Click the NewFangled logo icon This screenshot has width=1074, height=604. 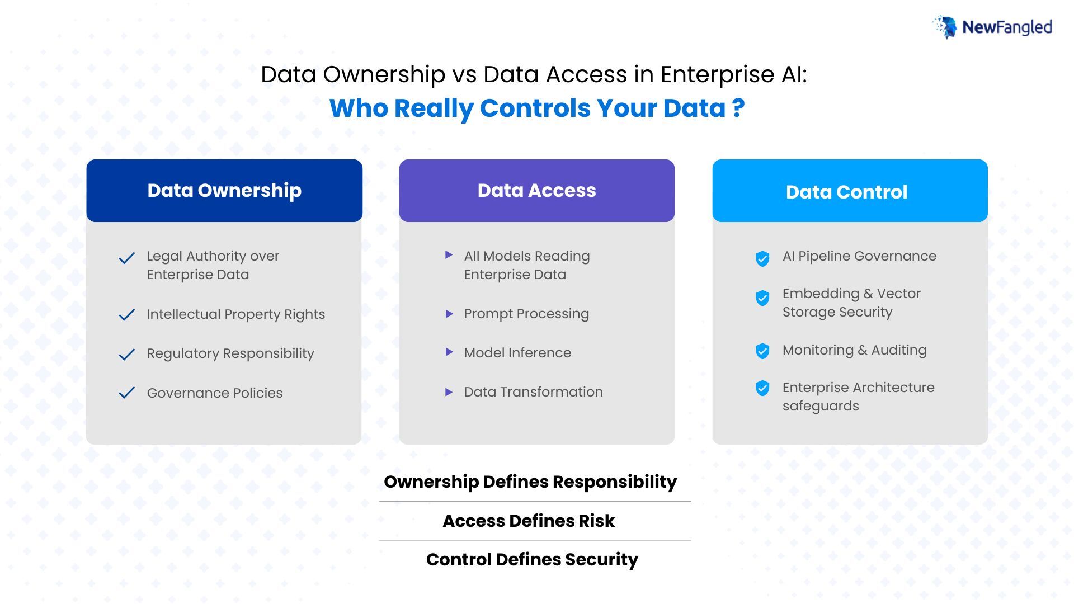coord(945,27)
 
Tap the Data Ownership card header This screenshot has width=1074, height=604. coord(224,191)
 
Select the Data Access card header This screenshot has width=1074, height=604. coord(536,191)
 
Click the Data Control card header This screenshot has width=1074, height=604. coord(850,191)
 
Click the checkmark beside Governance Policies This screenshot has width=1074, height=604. coord(127,393)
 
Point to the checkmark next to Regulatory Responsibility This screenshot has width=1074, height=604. coord(127,354)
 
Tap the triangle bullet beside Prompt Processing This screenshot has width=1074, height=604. coord(449,314)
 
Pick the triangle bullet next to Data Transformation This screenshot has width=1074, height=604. coord(449,392)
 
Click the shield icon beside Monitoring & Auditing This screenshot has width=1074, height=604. coord(762,351)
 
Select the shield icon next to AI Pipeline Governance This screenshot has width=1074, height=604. coord(762,258)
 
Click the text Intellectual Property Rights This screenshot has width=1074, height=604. coord(235,314)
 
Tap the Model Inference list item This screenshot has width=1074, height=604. coord(517,353)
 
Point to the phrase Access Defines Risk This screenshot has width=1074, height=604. coord(529,521)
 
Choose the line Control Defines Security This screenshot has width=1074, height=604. coord(532,559)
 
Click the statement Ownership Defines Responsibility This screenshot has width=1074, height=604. coord(530,482)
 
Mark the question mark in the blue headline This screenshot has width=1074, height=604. coord(738,108)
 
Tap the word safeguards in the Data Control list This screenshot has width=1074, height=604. coord(821,406)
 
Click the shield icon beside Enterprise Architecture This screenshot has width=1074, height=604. coord(762,388)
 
